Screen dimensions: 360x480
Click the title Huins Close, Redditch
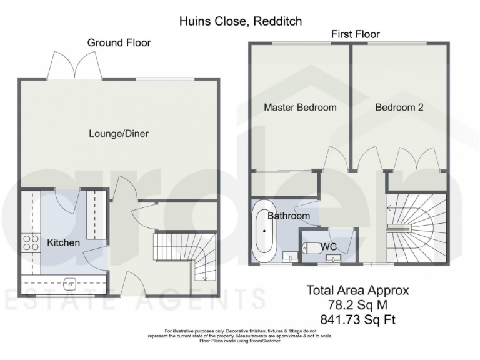(240, 21)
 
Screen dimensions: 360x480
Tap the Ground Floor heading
(119, 42)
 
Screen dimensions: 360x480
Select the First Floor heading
(355, 34)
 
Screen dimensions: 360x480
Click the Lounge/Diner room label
(119, 133)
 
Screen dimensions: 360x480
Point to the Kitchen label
(63, 242)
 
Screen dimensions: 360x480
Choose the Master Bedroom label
(300, 107)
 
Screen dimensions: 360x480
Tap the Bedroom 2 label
(399, 107)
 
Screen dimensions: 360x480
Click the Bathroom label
(289, 216)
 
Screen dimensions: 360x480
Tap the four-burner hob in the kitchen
(30, 242)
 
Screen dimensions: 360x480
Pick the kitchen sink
(69, 283)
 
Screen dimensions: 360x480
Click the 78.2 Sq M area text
(357, 305)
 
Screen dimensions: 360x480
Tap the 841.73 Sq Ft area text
(357, 320)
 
